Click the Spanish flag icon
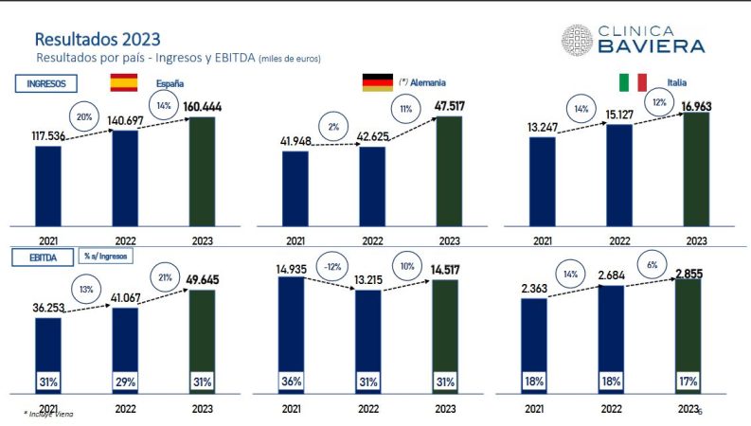pos(124,82)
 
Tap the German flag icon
pos(377,82)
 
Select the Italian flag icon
pos(633,82)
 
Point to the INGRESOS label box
pos(46,83)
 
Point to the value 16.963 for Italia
pos(698,105)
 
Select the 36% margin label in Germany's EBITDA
pos(293,382)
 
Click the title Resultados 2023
pos(97,40)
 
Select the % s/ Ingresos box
pos(107,257)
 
